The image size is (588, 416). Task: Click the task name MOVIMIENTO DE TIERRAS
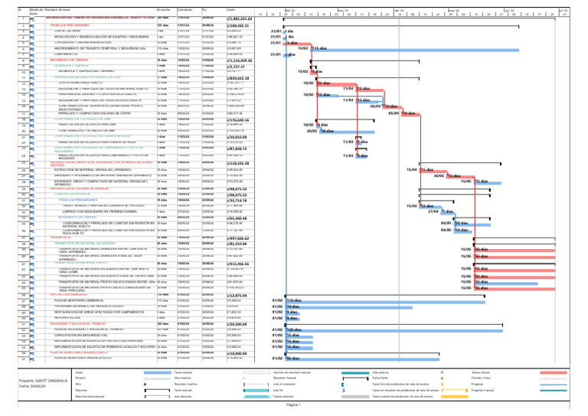(70, 58)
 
